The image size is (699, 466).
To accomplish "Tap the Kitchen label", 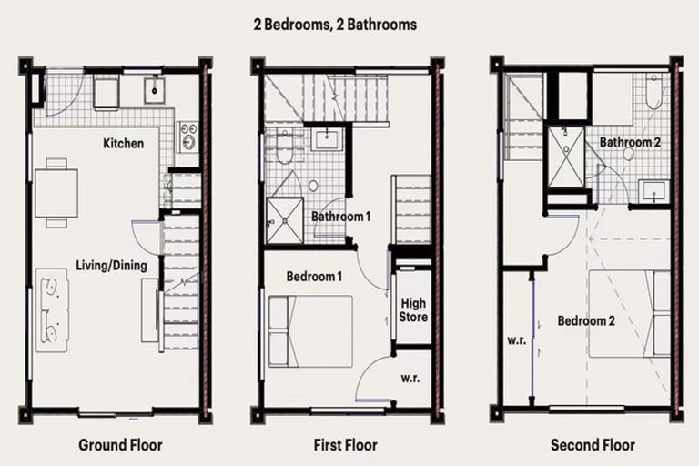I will pyautogui.click(x=123, y=143).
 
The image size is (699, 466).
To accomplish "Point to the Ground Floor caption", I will pyautogui.click(x=120, y=445).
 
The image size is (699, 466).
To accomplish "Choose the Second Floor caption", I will pyautogui.click(x=593, y=445).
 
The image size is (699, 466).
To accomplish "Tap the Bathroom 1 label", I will pyautogui.click(x=341, y=217).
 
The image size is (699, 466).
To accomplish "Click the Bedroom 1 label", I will pyautogui.click(x=314, y=276).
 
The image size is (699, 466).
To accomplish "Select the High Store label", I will pyautogui.click(x=413, y=309).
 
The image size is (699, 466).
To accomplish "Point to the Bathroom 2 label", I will pyautogui.click(x=629, y=143).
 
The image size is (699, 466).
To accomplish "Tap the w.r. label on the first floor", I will pyautogui.click(x=409, y=377).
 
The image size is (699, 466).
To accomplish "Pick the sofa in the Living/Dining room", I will pyautogui.click(x=53, y=310).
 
